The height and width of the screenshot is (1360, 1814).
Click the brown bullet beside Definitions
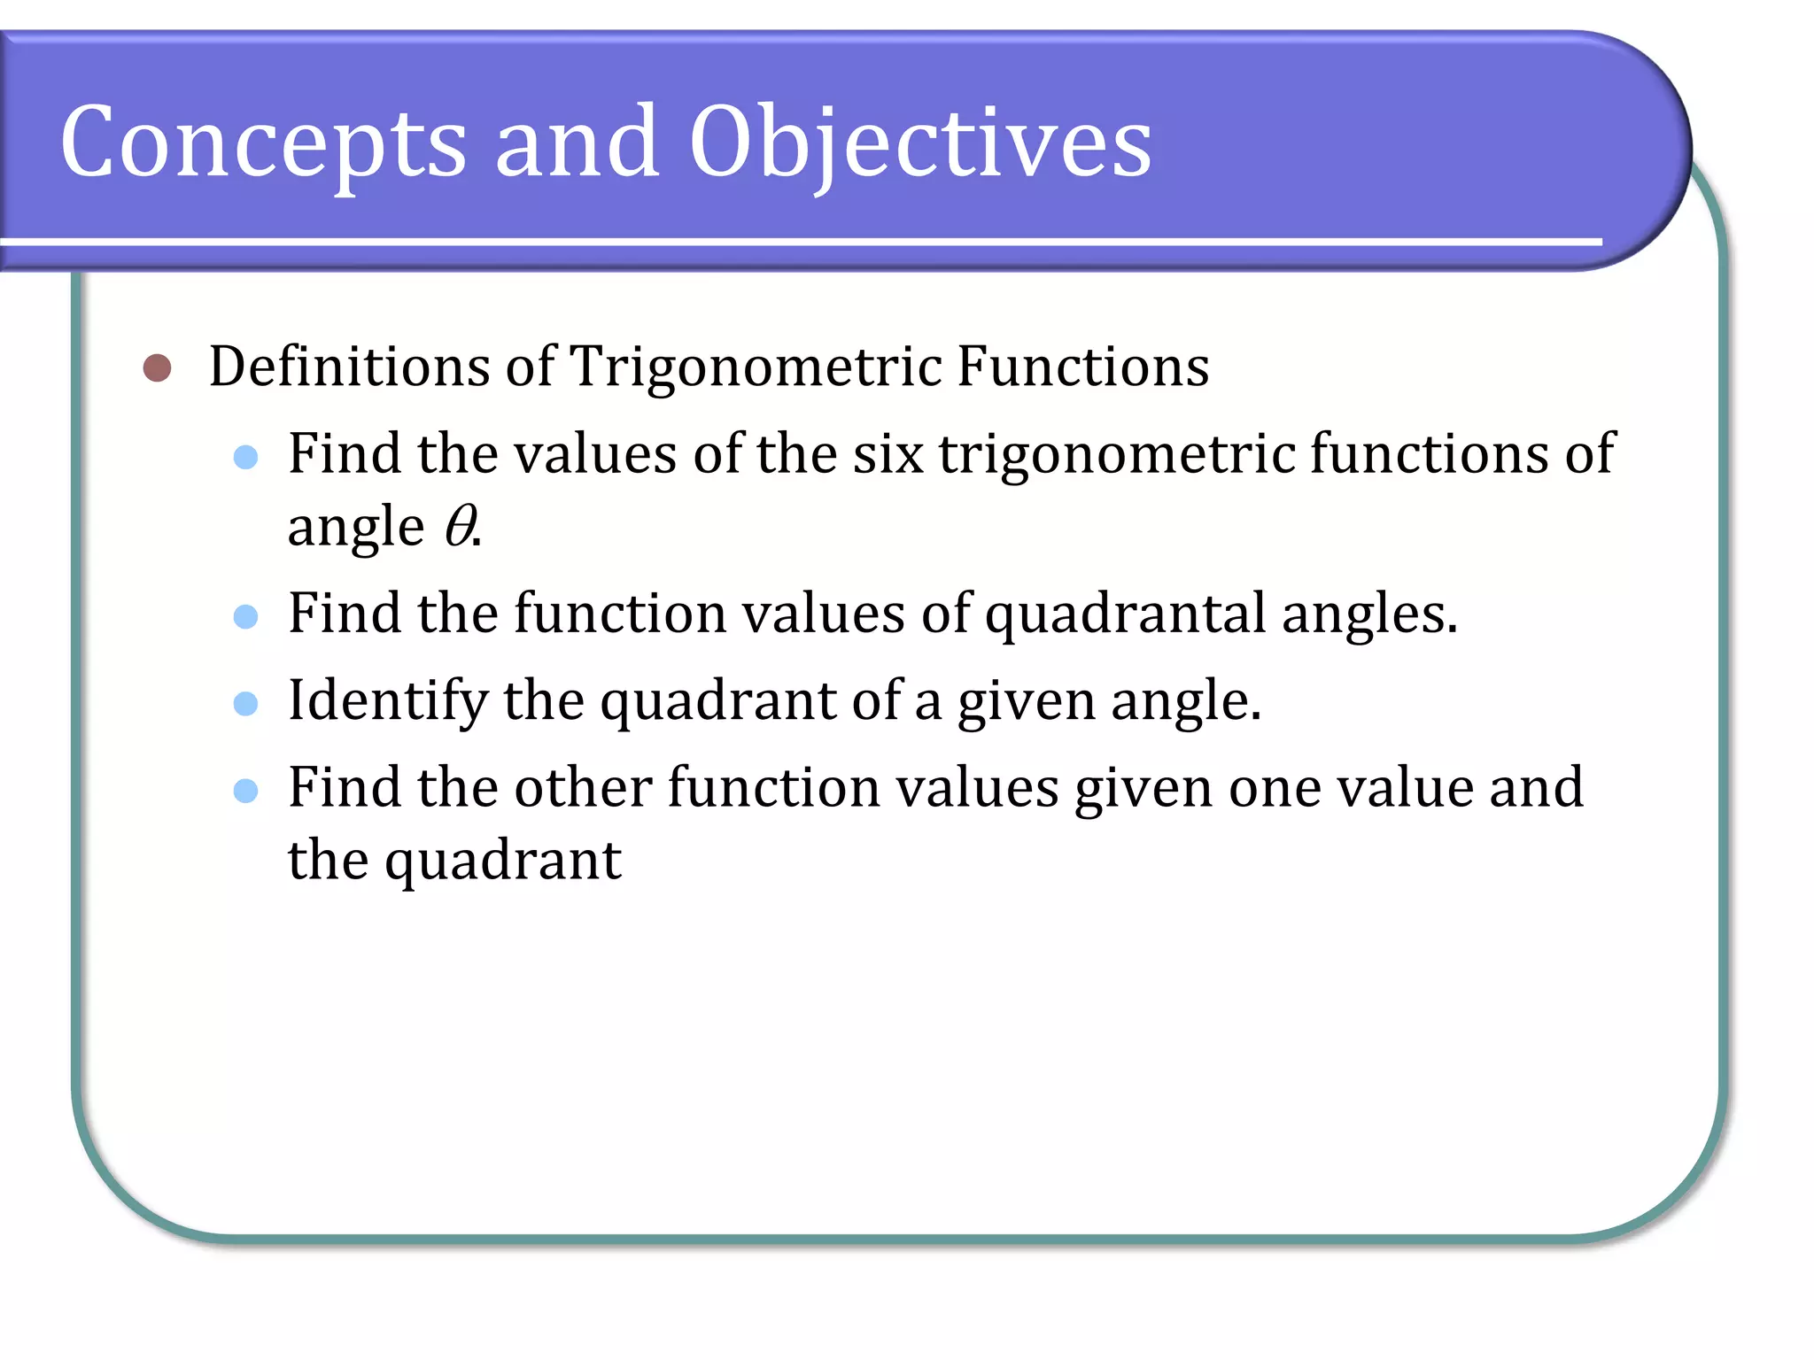(157, 367)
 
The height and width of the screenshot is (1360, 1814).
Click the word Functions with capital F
(1082, 367)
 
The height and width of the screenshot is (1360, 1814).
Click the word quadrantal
(1125, 614)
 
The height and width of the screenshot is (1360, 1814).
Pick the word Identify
(387, 701)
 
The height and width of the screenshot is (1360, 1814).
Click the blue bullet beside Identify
(245, 704)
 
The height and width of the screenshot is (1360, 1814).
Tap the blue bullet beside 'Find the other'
(245, 790)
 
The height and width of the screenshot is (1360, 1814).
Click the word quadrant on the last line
(502, 862)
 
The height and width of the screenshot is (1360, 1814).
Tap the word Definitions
(349, 367)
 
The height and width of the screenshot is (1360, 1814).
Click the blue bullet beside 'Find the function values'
(245, 616)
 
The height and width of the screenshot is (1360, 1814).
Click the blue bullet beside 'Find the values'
(245, 457)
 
